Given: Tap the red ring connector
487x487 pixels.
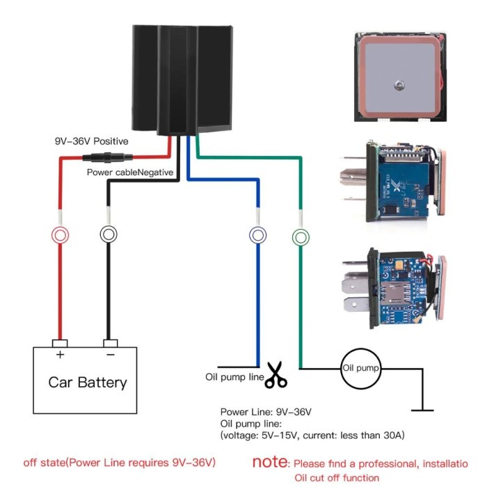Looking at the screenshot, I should point(61,235).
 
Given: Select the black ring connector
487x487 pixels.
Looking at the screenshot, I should point(109,234).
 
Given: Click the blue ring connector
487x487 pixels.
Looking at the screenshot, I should point(257,236).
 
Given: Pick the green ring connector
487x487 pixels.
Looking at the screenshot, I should point(301,237).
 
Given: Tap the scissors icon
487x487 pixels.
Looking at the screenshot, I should point(276,375).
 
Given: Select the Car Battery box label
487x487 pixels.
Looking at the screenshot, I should point(88,382).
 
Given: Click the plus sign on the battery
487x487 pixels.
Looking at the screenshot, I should point(60,355).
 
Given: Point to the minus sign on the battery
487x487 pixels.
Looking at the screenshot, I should point(109,355).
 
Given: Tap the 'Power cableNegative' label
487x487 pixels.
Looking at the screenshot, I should point(130,172).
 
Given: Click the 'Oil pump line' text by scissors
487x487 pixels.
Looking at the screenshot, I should point(234,378).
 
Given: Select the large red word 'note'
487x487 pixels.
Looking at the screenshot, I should point(269,461).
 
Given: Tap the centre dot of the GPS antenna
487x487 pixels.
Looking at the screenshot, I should point(398,85).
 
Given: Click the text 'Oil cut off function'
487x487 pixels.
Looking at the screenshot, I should point(337,477).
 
